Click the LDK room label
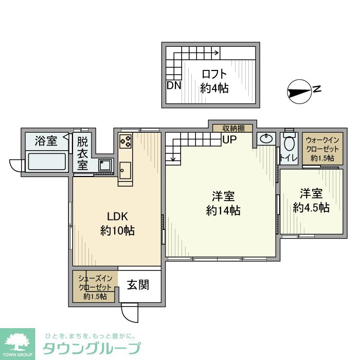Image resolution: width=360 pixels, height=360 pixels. (x=117, y=217)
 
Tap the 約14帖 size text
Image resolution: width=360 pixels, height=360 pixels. (x=223, y=210)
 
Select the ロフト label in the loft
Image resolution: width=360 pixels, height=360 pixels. (x=214, y=74)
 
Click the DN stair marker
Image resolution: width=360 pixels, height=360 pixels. (x=174, y=86)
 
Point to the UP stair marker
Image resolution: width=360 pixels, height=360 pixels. (x=229, y=139)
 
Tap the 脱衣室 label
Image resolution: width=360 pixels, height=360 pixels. (x=83, y=153)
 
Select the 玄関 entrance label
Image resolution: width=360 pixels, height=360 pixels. (x=138, y=284)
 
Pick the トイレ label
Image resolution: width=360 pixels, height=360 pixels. (x=288, y=158)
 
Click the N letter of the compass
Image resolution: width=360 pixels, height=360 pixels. (x=317, y=89)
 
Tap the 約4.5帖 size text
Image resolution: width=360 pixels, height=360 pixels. (x=311, y=207)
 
